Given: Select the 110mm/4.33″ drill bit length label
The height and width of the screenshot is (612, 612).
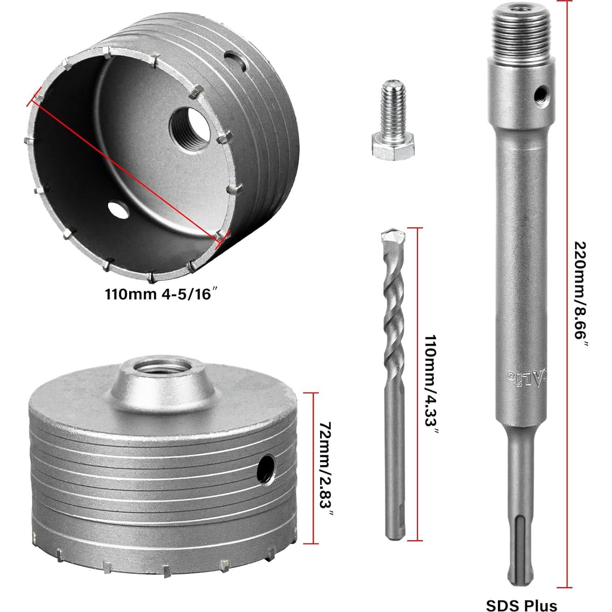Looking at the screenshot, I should pyautogui.click(x=430, y=386).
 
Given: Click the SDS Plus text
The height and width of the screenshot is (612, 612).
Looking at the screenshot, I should pyautogui.click(x=521, y=605).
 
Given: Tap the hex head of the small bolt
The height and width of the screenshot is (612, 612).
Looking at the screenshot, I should pyautogui.click(x=393, y=148).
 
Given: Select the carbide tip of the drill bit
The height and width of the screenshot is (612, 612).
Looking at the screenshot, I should pyautogui.click(x=393, y=237).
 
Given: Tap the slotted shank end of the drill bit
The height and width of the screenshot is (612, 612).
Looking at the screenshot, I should pyautogui.click(x=393, y=518).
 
